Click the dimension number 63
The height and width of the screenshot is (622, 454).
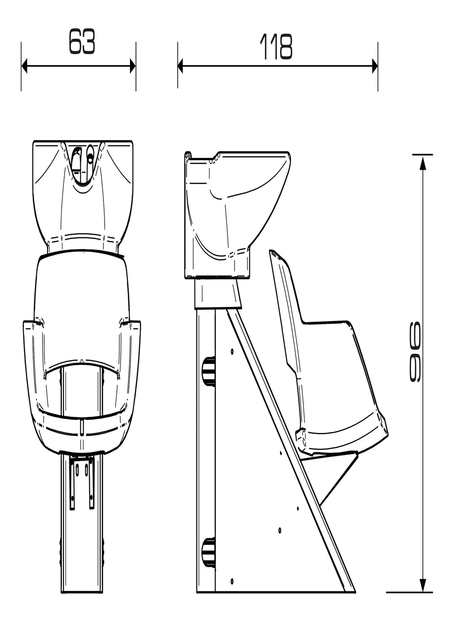click(82, 41)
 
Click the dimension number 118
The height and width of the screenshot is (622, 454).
click(276, 47)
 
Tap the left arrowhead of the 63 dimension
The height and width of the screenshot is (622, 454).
click(24, 66)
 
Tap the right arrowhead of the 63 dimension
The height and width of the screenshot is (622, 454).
click(132, 66)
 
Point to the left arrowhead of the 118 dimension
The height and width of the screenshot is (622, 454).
click(180, 66)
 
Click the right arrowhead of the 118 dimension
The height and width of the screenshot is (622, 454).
click(375, 66)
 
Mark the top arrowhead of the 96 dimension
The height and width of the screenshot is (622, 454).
click(422, 163)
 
